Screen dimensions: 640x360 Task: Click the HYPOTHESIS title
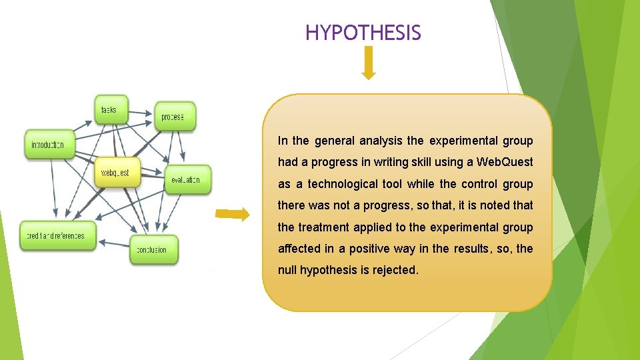(x=363, y=32)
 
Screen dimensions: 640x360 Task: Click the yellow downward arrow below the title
(x=369, y=64)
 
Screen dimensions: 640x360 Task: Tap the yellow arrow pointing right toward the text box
(x=233, y=214)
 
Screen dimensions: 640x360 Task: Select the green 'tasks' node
(x=111, y=110)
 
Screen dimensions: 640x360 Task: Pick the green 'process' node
(x=175, y=117)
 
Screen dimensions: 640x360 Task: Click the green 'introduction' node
(x=49, y=145)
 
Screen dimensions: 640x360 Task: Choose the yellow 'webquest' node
(x=117, y=173)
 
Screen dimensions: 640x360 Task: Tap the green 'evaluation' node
(x=187, y=180)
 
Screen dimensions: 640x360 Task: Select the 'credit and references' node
(x=57, y=235)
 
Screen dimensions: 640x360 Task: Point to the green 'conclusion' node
(x=153, y=250)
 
